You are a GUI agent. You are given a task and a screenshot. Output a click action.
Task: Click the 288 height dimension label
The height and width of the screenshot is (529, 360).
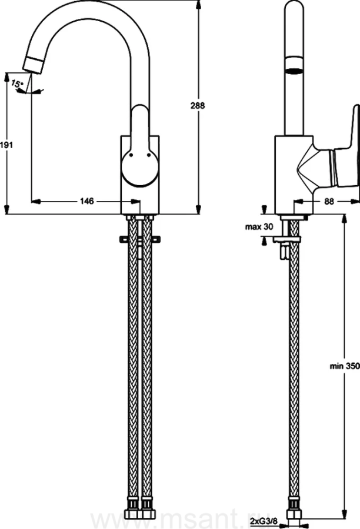(198, 106)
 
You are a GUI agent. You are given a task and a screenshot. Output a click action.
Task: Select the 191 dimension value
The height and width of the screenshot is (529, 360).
(6, 145)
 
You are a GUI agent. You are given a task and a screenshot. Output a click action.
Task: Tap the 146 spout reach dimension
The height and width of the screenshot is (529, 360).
(87, 201)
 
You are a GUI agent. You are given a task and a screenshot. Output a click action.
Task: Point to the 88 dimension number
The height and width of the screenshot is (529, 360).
(329, 201)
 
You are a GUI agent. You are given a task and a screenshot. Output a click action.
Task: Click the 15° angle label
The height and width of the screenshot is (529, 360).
(17, 83)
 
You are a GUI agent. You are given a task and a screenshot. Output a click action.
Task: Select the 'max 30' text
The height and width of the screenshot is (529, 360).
(259, 227)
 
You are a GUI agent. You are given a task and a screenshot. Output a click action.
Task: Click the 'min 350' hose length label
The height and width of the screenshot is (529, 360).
(345, 366)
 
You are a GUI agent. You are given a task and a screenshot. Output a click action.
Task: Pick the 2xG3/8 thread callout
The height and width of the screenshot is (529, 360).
(264, 521)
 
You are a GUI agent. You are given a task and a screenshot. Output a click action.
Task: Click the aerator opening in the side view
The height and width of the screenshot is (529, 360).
(294, 71)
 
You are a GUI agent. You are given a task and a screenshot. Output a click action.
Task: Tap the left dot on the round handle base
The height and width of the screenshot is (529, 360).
(131, 155)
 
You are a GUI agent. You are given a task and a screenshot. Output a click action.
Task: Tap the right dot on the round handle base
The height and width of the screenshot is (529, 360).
(149, 155)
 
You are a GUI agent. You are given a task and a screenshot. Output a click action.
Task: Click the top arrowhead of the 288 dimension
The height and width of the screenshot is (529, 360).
(198, 4)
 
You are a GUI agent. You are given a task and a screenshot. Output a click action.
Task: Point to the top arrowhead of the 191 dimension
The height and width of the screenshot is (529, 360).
(6, 77)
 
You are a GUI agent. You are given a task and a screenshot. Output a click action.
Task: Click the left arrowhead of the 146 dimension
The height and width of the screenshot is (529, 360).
(36, 202)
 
